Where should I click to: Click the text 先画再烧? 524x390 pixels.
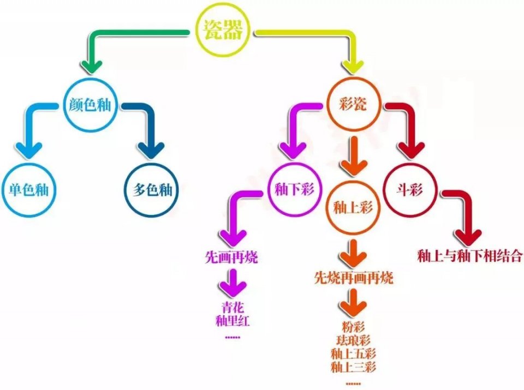tap(231, 257)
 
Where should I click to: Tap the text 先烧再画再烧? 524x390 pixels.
tap(354, 278)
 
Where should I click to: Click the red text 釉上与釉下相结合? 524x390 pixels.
tap(469, 256)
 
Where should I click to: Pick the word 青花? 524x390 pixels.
tap(233, 307)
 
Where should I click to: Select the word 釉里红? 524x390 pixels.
tap(233, 321)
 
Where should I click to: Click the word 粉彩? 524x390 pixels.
tap(353, 326)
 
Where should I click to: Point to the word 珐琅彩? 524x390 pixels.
tap(353, 340)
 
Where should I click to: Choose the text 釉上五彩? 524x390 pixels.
tap(353, 353)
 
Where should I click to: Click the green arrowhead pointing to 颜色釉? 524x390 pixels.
tap(92, 66)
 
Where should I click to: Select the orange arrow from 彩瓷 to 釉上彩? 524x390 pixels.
tap(354, 156)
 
